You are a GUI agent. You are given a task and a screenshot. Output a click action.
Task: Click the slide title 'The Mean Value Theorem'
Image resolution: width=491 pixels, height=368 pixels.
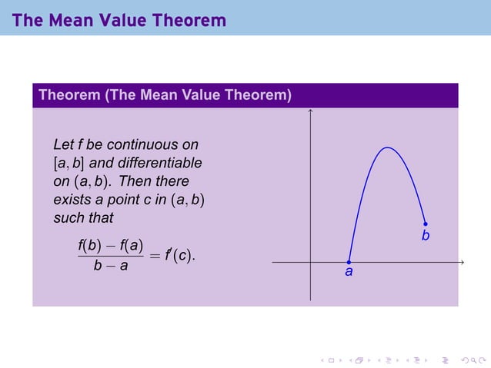(119, 20)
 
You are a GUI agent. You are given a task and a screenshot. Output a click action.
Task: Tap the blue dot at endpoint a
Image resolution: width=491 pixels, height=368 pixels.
(349, 262)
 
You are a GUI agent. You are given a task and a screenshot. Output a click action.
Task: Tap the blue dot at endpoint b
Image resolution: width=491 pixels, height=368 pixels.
(425, 224)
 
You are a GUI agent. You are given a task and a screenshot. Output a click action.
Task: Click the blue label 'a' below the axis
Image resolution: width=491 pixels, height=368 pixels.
(349, 272)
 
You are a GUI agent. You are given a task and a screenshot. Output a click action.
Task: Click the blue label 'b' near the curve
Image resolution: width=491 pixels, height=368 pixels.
(425, 236)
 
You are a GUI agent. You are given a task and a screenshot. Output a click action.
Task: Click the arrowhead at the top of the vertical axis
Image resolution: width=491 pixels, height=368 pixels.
(310, 112)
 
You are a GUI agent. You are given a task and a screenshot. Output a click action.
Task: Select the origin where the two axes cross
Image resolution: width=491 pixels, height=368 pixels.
(310, 262)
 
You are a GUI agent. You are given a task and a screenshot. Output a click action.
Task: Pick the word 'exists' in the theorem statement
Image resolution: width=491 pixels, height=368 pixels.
(72, 200)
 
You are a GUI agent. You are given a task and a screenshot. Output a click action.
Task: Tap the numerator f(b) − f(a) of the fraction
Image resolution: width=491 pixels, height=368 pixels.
(111, 246)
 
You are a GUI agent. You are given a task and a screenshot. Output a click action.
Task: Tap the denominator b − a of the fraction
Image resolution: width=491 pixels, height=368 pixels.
(111, 267)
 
